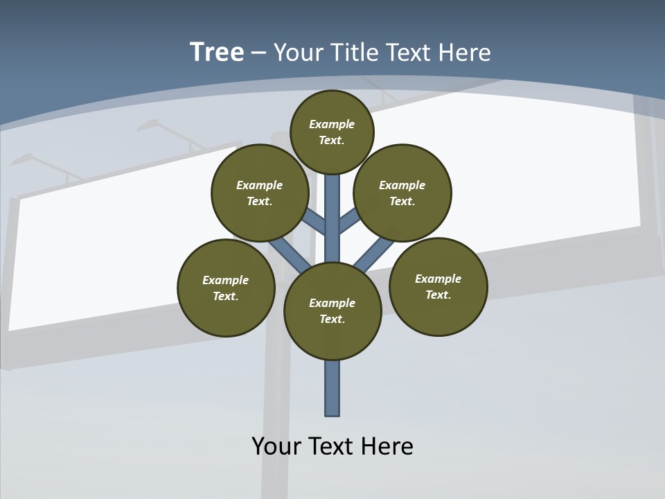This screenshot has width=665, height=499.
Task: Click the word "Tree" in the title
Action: coord(217,52)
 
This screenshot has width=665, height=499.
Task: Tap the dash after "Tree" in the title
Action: coord(258,53)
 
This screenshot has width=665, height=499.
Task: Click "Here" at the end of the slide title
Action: coord(465,53)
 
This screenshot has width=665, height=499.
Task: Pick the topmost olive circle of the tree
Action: coord(332,132)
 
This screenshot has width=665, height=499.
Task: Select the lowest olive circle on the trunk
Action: coord(332,311)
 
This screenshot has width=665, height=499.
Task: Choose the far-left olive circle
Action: coord(226,288)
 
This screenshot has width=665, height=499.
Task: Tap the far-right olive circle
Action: coord(438,286)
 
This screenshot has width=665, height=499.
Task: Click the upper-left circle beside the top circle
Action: coord(259,193)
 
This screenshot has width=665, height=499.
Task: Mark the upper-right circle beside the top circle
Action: coord(402,193)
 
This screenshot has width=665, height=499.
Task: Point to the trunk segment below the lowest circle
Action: coord(332,388)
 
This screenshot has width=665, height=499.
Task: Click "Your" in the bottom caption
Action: coord(276,446)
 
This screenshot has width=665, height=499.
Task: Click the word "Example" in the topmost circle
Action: coord(332,124)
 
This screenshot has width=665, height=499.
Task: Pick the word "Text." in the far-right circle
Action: coord(438,295)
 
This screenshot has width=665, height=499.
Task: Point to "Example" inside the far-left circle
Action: coord(226,280)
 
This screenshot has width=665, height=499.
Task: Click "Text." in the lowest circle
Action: coord(332,319)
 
